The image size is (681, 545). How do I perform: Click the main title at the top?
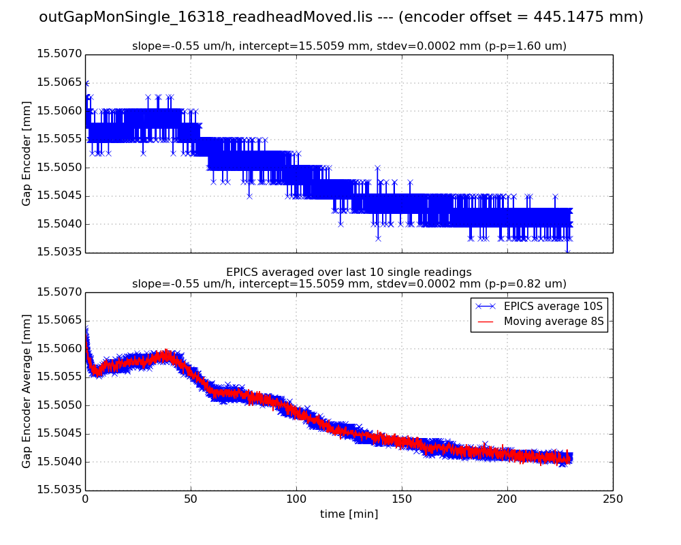click(x=340, y=17)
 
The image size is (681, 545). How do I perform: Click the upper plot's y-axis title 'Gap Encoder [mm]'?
click(x=27, y=153)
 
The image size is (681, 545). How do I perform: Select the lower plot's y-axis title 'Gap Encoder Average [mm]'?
click(x=27, y=391)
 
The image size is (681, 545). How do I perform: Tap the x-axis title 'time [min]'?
click(x=349, y=514)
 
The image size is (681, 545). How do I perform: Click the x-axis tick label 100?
click(x=296, y=499)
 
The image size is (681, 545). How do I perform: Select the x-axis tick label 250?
click(x=613, y=499)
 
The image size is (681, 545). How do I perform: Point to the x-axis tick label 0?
click(x=85, y=499)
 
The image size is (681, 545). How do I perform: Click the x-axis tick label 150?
click(x=402, y=499)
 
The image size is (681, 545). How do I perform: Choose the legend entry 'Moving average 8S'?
click(x=554, y=322)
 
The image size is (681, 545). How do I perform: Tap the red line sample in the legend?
click(x=486, y=322)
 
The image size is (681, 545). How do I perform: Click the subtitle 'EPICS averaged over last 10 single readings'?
click(x=349, y=272)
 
